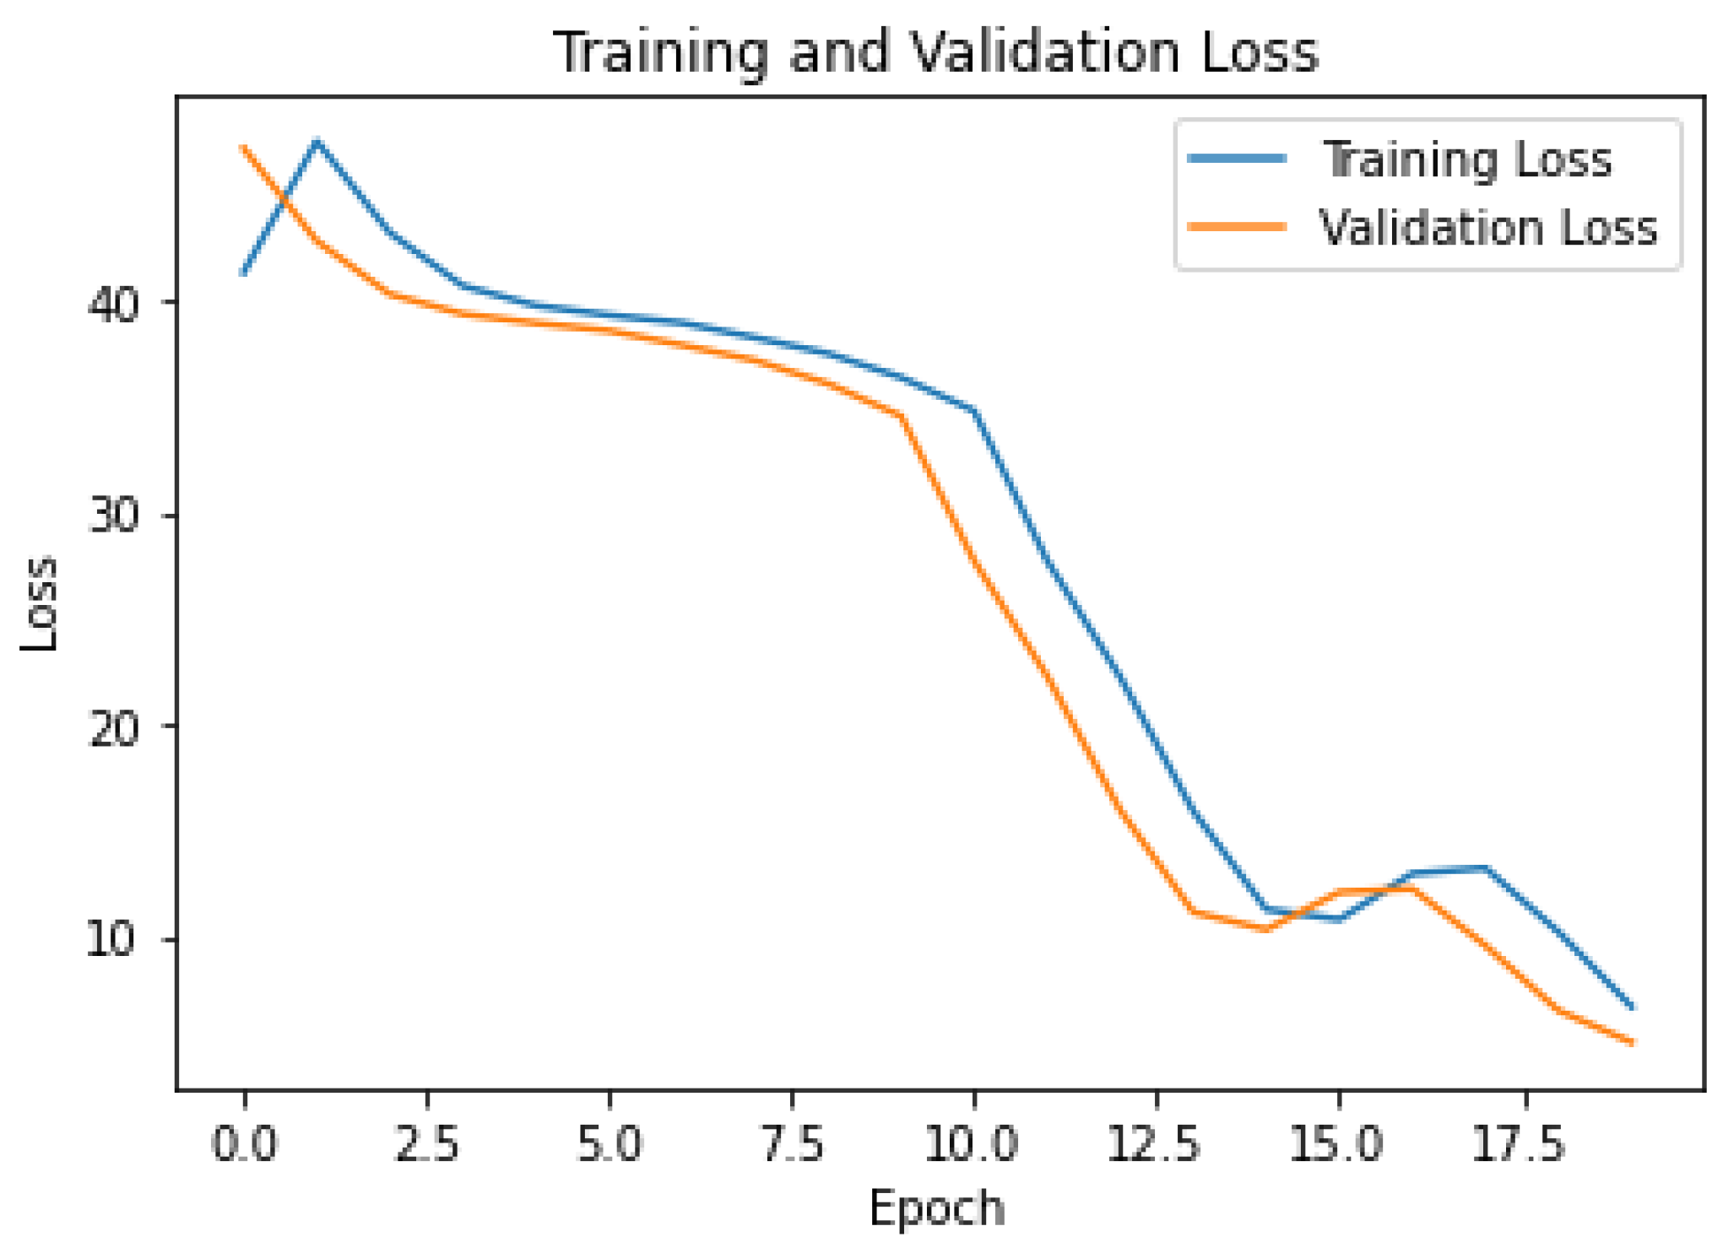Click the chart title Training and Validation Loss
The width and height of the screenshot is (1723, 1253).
pyautogui.click(x=935, y=52)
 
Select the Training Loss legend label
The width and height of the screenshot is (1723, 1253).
pyautogui.click(x=1467, y=159)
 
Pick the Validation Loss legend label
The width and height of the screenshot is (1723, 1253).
pyautogui.click(x=1487, y=228)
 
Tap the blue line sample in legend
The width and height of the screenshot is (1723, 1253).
pyautogui.click(x=1237, y=159)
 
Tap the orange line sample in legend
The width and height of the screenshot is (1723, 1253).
pyautogui.click(x=1237, y=227)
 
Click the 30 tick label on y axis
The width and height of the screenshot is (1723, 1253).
pyautogui.click(x=113, y=516)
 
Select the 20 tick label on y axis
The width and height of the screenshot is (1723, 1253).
pyautogui.click(x=113, y=727)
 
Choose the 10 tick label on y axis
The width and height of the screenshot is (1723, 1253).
pyautogui.click(x=111, y=939)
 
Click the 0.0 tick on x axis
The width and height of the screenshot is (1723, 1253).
pyautogui.click(x=244, y=1146)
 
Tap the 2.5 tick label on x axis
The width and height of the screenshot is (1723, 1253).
pyautogui.click(x=427, y=1146)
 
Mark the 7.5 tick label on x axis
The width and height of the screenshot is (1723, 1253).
pyautogui.click(x=792, y=1146)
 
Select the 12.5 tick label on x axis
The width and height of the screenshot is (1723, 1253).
pyautogui.click(x=1155, y=1146)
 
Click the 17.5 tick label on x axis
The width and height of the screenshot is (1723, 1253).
pyautogui.click(x=1520, y=1146)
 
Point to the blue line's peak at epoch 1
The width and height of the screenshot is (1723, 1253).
pyautogui.click(x=317, y=141)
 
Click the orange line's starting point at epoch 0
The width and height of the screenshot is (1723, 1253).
pyautogui.click(x=244, y=148)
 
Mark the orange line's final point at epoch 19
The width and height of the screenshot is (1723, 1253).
pyautogui.click(x=1632, y=1043)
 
